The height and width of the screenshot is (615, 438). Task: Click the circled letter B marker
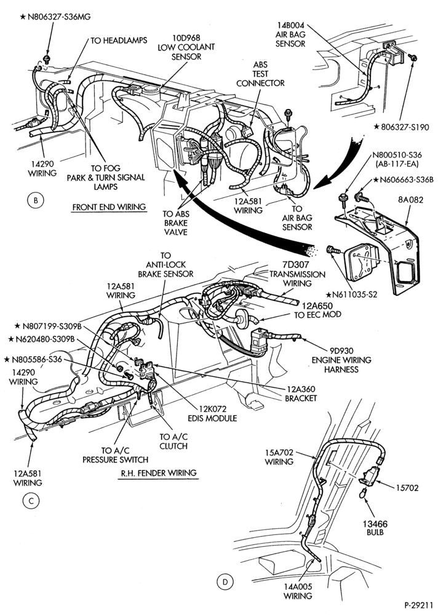[x=35, y=201]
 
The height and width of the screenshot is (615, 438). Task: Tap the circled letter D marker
[x=225, y=582]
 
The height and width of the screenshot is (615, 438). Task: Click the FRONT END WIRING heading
[x=109, y=207]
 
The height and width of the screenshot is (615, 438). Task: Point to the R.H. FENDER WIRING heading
[x=159, y=473]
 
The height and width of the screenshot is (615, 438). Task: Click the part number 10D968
[x=186, y=38]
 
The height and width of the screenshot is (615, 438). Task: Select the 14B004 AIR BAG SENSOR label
[x=290, y=34]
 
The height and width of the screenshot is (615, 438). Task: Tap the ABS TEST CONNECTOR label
[x=260, y=74]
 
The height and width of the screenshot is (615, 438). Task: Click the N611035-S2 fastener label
[x=351, y=295]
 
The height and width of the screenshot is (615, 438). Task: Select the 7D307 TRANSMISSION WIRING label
[x=297, y=274]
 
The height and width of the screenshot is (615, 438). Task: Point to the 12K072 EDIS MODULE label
[x=212, y=413]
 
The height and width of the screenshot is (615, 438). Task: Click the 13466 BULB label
[x=375, y=528]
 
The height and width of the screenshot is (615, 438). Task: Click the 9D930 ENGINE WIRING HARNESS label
[x=341, y=360]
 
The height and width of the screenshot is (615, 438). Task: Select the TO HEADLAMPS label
[x=119, y=41]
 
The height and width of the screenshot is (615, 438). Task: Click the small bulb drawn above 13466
[x=364, y=493]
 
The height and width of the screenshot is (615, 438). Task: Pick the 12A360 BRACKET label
[x=301, y=394]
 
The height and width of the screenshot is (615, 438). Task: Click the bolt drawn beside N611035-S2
[x=332, y=249]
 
